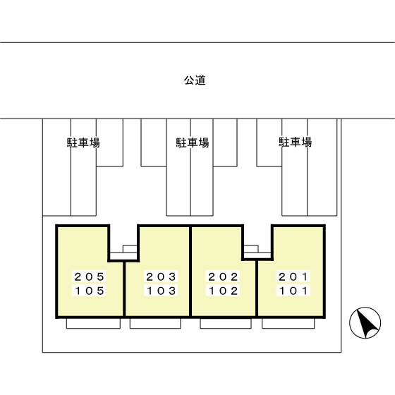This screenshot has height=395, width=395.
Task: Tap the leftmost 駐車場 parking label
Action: point(83,142)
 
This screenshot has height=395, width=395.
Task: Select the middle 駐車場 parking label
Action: point(192,142)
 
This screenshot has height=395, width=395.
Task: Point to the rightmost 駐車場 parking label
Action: point(295,142)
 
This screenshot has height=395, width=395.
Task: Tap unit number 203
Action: point(161,276)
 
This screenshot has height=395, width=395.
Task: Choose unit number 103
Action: point(161,290)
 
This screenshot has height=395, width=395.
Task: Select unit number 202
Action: point(224,276)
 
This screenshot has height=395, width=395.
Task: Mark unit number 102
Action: point(224,290)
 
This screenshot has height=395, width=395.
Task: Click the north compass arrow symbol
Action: point(365,324)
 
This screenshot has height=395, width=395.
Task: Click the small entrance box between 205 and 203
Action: point(129,248)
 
